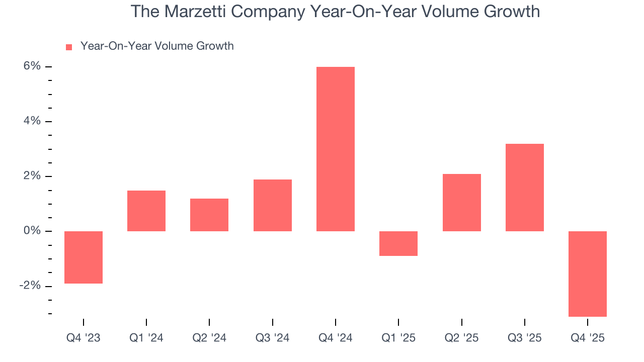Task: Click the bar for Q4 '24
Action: click(x=335, y=149)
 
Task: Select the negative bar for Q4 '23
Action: click(x=84, y=257)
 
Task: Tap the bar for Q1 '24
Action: click(x=146, y=211)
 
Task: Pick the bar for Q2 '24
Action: click(x=209, y=215)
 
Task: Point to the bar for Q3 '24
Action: click(x=272, y=205)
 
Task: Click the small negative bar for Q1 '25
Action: click(x=398, y=243)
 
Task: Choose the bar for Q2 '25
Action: click(x=461, y=202)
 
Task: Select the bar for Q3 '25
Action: click(x=524, y=187)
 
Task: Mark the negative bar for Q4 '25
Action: click(x=587, y=274)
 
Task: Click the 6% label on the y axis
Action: click(x=31, y=66)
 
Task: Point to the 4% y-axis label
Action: click(x=31, y=121)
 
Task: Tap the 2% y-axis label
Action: click(x=31, y=176)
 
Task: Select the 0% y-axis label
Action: click(x=31, y=231)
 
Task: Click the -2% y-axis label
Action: click(x=29, y=286)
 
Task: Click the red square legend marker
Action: click(x=69, y=47)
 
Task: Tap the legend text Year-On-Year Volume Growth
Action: click(x=157, y=46)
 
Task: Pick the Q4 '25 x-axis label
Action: click(x=587, y=338)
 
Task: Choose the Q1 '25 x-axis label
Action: click(x=398, y=338)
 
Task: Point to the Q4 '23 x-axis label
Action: click(x=84, y=338)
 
